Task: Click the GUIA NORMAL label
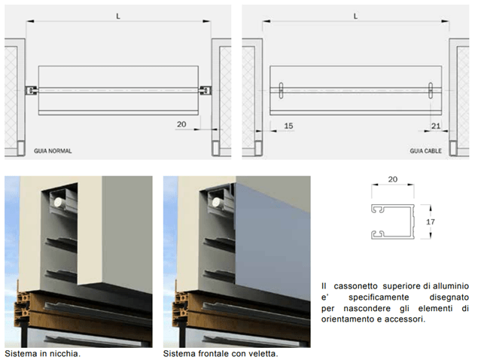coord(53,151)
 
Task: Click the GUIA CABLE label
coord(425,151)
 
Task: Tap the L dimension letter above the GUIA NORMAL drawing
coord(118,17)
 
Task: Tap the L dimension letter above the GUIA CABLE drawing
coord(355,17)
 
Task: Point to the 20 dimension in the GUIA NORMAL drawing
coord(181,124)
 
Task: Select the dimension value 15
coord(288,126)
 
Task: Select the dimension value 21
coord(436,126)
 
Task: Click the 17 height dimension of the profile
coord(431,221)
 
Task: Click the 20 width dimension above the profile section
coord(393,179)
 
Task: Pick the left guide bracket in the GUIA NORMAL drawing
coord(32,90)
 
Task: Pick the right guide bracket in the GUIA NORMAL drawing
coord(205,90)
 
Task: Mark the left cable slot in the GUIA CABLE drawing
coord(281,90)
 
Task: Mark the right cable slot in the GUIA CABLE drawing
coord(431,90)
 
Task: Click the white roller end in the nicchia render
coord(58,203)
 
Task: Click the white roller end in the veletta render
coord(216,203)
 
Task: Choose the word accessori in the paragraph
coord(405,319)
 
